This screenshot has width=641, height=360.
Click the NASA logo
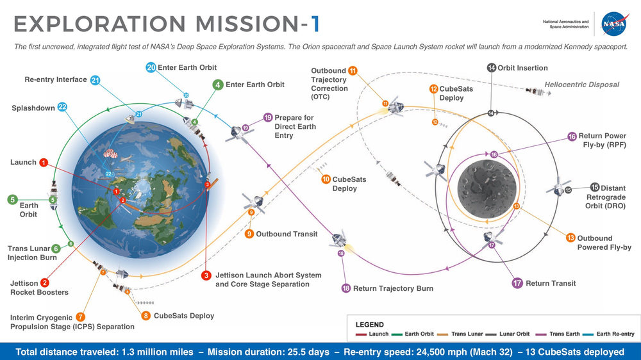614,24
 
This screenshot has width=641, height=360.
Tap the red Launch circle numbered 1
44,163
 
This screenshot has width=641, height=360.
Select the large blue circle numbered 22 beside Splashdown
62,108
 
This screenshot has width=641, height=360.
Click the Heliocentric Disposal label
581,85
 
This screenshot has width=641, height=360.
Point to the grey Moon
487,189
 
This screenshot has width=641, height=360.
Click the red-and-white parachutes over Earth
110,153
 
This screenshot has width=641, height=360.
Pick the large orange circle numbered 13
570,238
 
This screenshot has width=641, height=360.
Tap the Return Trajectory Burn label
393,288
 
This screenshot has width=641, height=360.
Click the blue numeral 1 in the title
315,24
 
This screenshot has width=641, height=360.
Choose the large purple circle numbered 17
517,282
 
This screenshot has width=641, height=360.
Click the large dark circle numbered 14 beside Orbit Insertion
492,67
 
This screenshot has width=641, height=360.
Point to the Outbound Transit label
287,234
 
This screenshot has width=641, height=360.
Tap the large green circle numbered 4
218,85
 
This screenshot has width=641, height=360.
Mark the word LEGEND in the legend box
370,325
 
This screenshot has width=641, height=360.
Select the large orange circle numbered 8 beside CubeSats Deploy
146,315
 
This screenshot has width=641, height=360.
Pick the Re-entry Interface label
56,79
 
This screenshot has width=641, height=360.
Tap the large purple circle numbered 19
268,118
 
